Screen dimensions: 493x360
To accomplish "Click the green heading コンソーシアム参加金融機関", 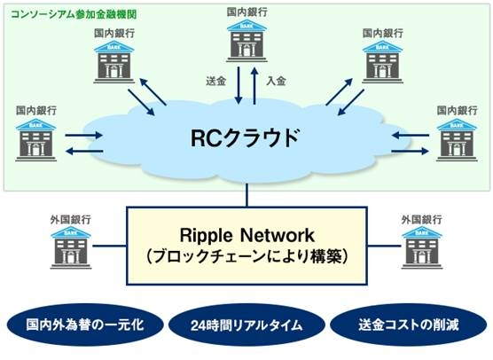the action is point(74,14).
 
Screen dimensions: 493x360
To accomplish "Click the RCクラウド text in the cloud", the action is point(245,137).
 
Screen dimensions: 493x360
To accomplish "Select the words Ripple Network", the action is point(246,235).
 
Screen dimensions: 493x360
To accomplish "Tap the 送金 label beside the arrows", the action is point(216,81).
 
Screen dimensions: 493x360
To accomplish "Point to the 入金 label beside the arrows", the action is point(276,81).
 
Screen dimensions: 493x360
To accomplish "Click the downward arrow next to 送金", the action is point(239,85).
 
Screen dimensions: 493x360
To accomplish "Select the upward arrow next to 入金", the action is point(254,85).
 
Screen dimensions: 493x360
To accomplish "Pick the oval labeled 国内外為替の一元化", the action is point(85,325).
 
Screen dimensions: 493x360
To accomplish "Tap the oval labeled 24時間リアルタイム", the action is point(246,325).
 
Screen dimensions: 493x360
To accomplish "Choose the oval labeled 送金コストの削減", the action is point(409,325).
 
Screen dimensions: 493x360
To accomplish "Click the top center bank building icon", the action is point(246,41).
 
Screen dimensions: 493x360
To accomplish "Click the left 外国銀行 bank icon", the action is point(71,247).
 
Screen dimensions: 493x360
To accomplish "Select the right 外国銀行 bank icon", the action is point(422,247).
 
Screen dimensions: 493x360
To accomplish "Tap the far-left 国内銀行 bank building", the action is point(36,140).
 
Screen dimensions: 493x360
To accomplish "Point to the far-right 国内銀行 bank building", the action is point(457,140).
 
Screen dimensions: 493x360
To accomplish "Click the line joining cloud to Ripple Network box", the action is point(246,195).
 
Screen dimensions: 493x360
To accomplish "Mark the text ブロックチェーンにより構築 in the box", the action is point(246,256).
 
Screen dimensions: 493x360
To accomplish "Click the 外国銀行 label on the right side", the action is point(422,220).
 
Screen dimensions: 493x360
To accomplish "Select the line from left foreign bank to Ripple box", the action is point(109,246).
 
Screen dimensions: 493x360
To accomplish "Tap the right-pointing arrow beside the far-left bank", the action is point(84,136).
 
